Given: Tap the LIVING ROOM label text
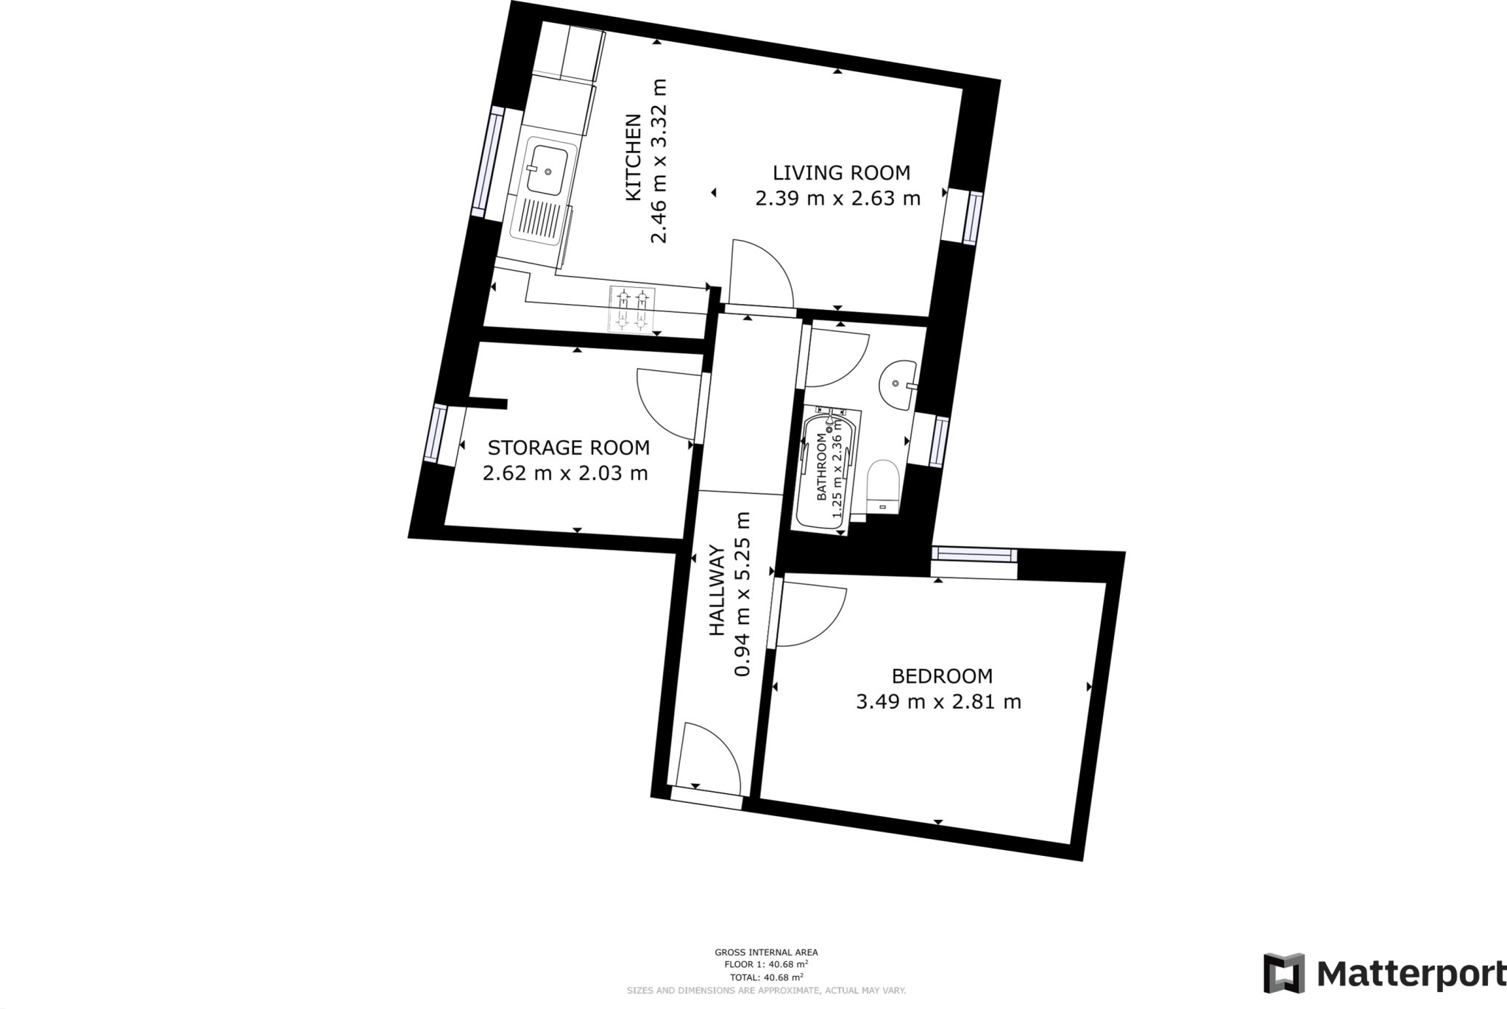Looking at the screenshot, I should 841,173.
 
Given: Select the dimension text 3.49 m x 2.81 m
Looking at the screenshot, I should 938,701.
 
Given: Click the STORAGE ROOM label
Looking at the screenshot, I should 569,447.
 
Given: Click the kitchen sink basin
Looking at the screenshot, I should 548,170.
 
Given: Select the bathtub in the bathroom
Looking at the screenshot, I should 826,471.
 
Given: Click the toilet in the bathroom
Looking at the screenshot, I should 884,484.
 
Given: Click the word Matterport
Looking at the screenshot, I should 1409,974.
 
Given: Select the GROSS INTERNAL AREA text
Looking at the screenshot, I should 766,952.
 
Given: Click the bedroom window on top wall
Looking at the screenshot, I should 974,554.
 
